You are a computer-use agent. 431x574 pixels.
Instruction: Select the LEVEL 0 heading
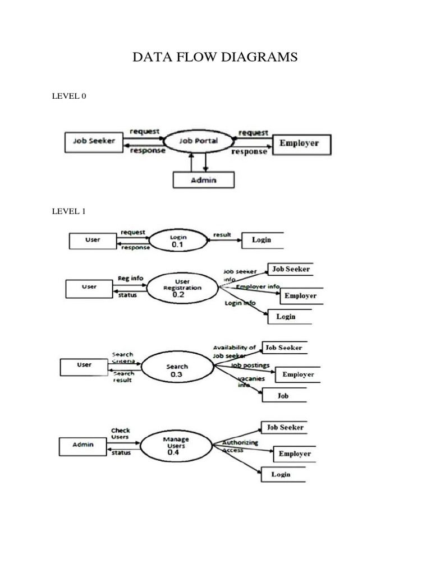pyautogui.click(x=69, y=96)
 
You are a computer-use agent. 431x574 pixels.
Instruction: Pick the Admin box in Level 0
pyautogui.click(x=204, y=179)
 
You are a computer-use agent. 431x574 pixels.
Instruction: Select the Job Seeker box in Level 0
pyautogui.click(x=94, y=141)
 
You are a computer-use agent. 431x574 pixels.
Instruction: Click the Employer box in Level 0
pyautogui.click(x=301, y=143)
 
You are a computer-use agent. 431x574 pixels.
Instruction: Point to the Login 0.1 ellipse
pyautogui.click(x=178, y=240)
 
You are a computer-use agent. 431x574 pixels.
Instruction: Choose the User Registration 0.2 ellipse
pyautogui.click(x=181, y=286)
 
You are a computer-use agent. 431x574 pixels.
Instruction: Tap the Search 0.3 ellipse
pyautogui.click(x=177, y=371)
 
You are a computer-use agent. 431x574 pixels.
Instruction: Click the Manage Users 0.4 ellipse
pyautogui.click(x=176, y=446)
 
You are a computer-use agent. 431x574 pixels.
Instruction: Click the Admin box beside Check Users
pyautogui.click(x=82, y=445)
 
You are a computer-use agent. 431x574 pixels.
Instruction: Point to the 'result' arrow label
pyautogui.click(x=222, y=235)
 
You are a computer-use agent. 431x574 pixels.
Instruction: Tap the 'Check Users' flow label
pyautogui.click(x=120, y=433)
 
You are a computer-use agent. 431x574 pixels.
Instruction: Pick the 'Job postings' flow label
pyautogui.click(x=250, y=365)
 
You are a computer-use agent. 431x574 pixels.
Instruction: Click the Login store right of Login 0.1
pyautogui.click(x=262, y=240)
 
